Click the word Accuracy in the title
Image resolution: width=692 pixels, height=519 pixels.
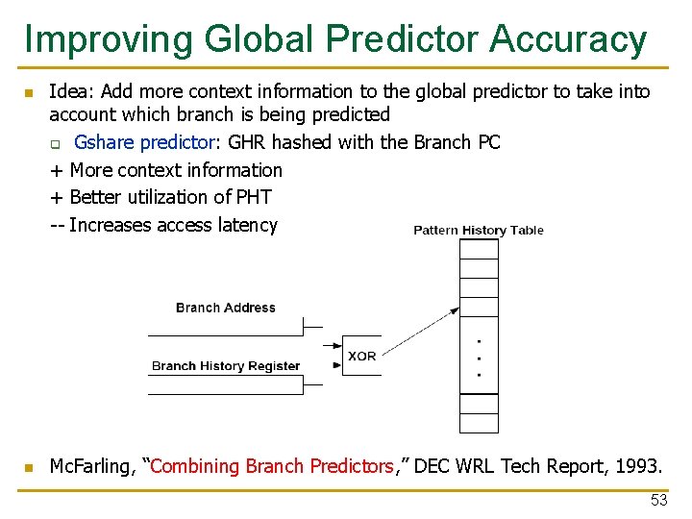pos(567,38)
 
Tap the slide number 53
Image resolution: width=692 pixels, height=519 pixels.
pos(658,500)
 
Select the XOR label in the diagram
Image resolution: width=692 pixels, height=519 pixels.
pos(362,356)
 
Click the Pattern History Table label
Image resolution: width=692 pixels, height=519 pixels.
pos(478,230)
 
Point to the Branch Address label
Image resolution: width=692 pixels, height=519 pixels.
pos(225,308)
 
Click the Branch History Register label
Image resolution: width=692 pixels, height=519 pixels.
pos(226,365)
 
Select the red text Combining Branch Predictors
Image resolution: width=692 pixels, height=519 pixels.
pos(272,466)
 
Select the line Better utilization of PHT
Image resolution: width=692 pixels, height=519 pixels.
pos(161,197)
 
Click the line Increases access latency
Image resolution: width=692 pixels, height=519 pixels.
pos(164,225)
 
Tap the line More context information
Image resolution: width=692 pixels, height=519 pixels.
pos(166,170)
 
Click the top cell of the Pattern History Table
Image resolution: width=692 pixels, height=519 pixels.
pos(479,249)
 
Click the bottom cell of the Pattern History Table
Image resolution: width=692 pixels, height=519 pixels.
pos(479,423)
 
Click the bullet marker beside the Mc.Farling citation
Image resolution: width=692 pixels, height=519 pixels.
pos(29,467)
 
